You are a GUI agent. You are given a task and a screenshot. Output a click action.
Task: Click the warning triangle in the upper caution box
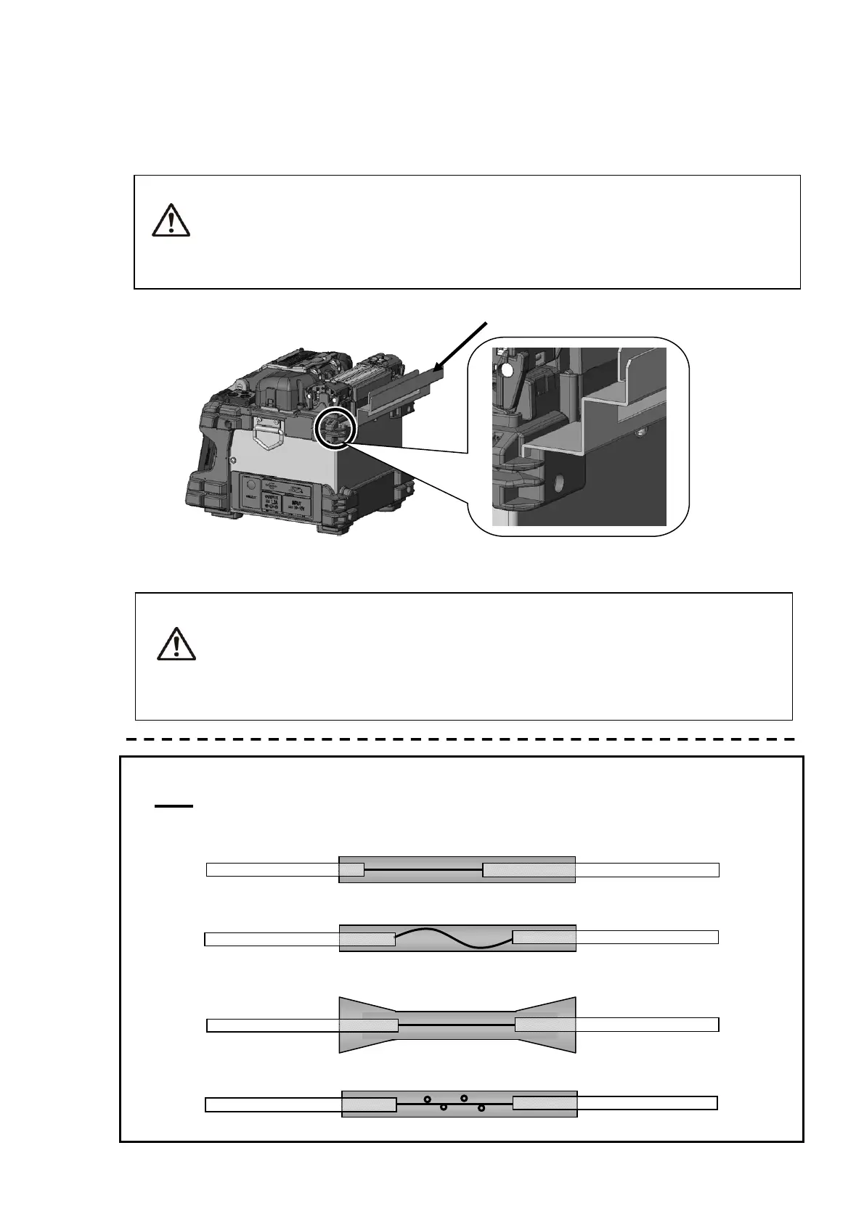[x=171, y=220]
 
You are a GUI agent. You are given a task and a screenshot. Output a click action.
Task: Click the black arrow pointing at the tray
[x=460, y=350]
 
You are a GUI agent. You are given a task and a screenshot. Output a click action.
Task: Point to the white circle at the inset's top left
[x=508, y=370]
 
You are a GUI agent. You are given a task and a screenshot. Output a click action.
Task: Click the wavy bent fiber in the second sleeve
[x=454, y=938]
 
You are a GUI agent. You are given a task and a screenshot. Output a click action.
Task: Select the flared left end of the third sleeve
[x=367, y=1024]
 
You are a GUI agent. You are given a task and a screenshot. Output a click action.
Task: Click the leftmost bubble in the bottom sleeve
[x=428, y=1099]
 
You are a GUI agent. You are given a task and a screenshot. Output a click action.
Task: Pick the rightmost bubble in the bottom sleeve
[x=481, y=1108]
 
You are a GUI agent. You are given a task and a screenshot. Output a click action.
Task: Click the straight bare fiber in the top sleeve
[x=423, y=869]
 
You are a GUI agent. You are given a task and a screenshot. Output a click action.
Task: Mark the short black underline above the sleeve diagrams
[x=174, y=805]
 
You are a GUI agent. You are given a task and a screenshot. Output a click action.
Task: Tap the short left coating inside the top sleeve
[x=352, y=869]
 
